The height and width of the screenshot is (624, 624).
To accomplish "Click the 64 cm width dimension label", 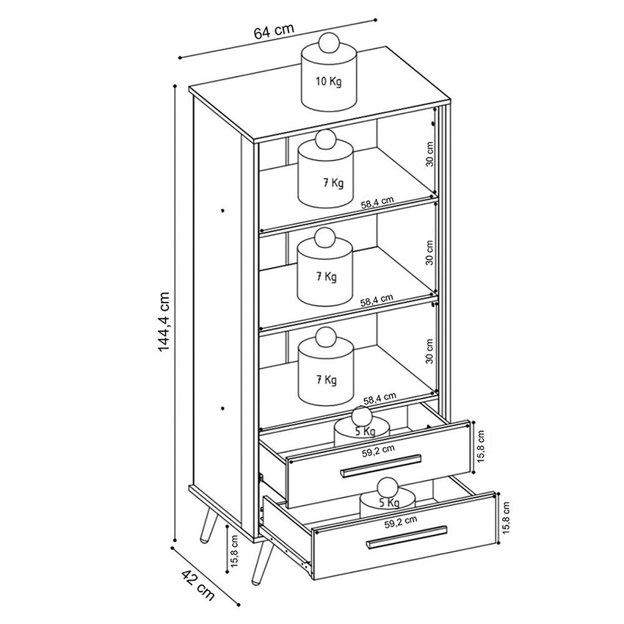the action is (x=274, y=30).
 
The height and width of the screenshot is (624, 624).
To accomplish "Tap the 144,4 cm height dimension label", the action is (x=164, y=322).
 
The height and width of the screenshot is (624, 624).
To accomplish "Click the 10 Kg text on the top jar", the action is (x=329, y=82).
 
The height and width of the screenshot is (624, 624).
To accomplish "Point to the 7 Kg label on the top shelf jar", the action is (x=333, y=183).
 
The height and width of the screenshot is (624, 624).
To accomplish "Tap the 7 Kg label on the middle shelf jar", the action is (x=327, y=276).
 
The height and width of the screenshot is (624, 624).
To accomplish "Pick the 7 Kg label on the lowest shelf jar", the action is (x=327, y=380).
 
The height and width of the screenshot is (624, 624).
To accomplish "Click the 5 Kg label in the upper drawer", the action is (x=365, y=431).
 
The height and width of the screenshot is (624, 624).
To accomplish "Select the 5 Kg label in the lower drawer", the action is (x=389, y=503).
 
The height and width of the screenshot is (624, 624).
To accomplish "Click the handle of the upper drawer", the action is (x=381, y=465).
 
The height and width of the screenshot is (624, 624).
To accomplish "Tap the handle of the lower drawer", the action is (x=406, y=537).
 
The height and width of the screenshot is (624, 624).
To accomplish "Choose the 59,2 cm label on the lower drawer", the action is (x=401, y=522).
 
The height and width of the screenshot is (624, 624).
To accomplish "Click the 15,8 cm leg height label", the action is (x=233, y=551).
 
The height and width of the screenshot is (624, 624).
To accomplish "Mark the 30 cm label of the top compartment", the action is (x=429, y=154).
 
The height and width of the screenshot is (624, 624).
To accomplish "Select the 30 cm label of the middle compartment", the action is (x=429, y=253).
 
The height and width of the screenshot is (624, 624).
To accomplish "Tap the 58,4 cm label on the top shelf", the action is (x=377, y=203).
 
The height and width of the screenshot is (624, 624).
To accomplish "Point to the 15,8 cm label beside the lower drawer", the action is (x=506, y=518).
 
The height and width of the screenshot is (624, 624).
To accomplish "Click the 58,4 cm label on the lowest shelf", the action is (x=380, y=398).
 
